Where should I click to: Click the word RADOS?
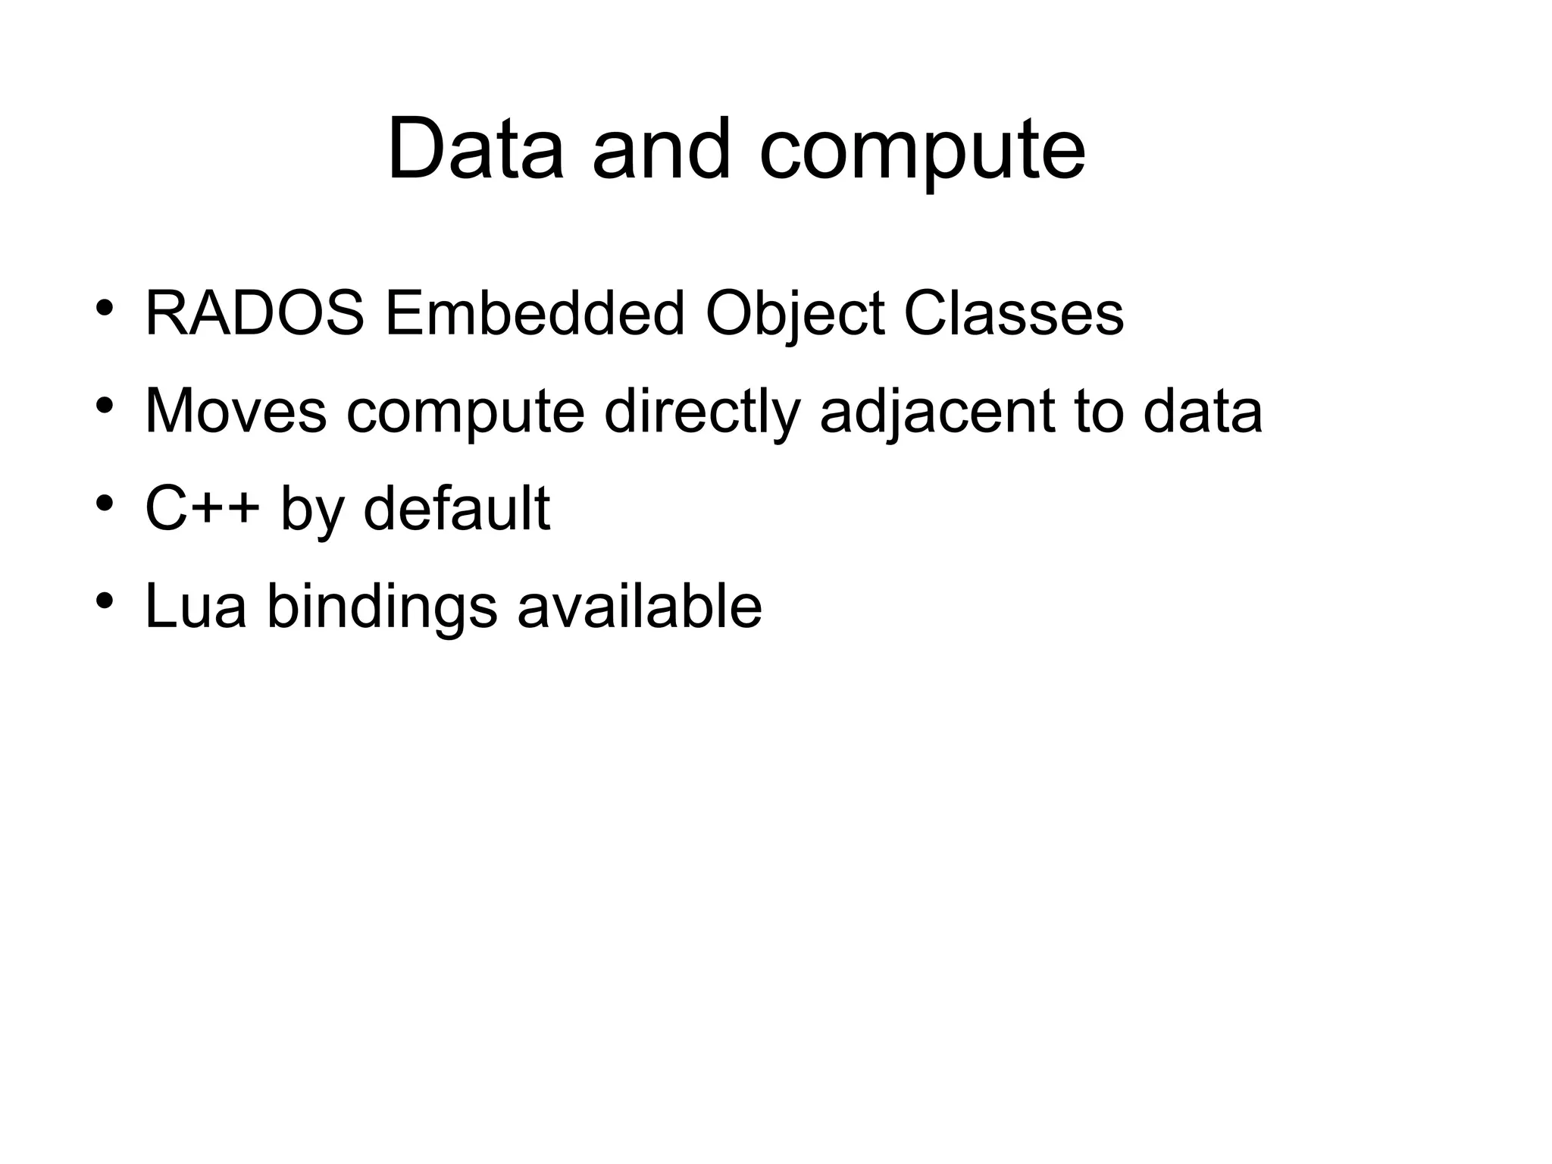click(254, 314)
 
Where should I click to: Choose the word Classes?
click(1013, 314)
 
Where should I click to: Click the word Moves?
click(236, 411)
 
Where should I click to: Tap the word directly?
click(702, 413)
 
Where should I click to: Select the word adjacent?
click(937, 413)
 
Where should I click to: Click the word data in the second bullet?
click(1202, 411)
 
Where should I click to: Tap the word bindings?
click(382, 608)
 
